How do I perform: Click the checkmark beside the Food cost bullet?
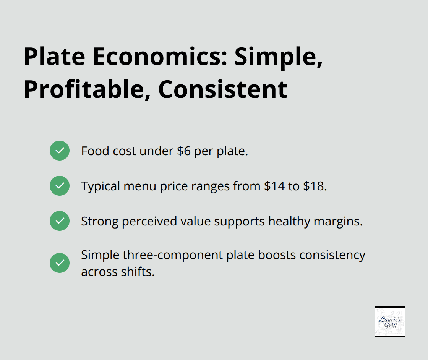click(x=60, y=151)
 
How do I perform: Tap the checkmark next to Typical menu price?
click(x=60, y=186)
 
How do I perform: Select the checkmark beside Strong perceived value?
click(x=60, y=221)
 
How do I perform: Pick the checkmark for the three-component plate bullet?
click(x=60, y=263)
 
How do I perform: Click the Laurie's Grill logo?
click(x=389, y=321)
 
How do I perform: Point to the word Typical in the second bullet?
click(x=101, y=186)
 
